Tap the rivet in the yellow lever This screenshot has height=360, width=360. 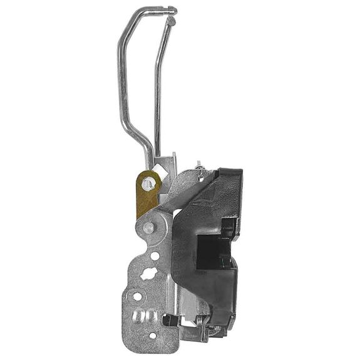[x=148, y=184]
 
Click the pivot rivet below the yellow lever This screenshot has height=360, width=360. [x=148, y=228]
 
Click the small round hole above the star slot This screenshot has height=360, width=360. [x=155, y=256]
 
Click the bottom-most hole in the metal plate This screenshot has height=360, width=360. [x=152, y=336]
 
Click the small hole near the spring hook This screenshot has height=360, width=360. [x=200, y=178]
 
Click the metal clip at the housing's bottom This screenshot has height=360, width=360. [x=203, y=326]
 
